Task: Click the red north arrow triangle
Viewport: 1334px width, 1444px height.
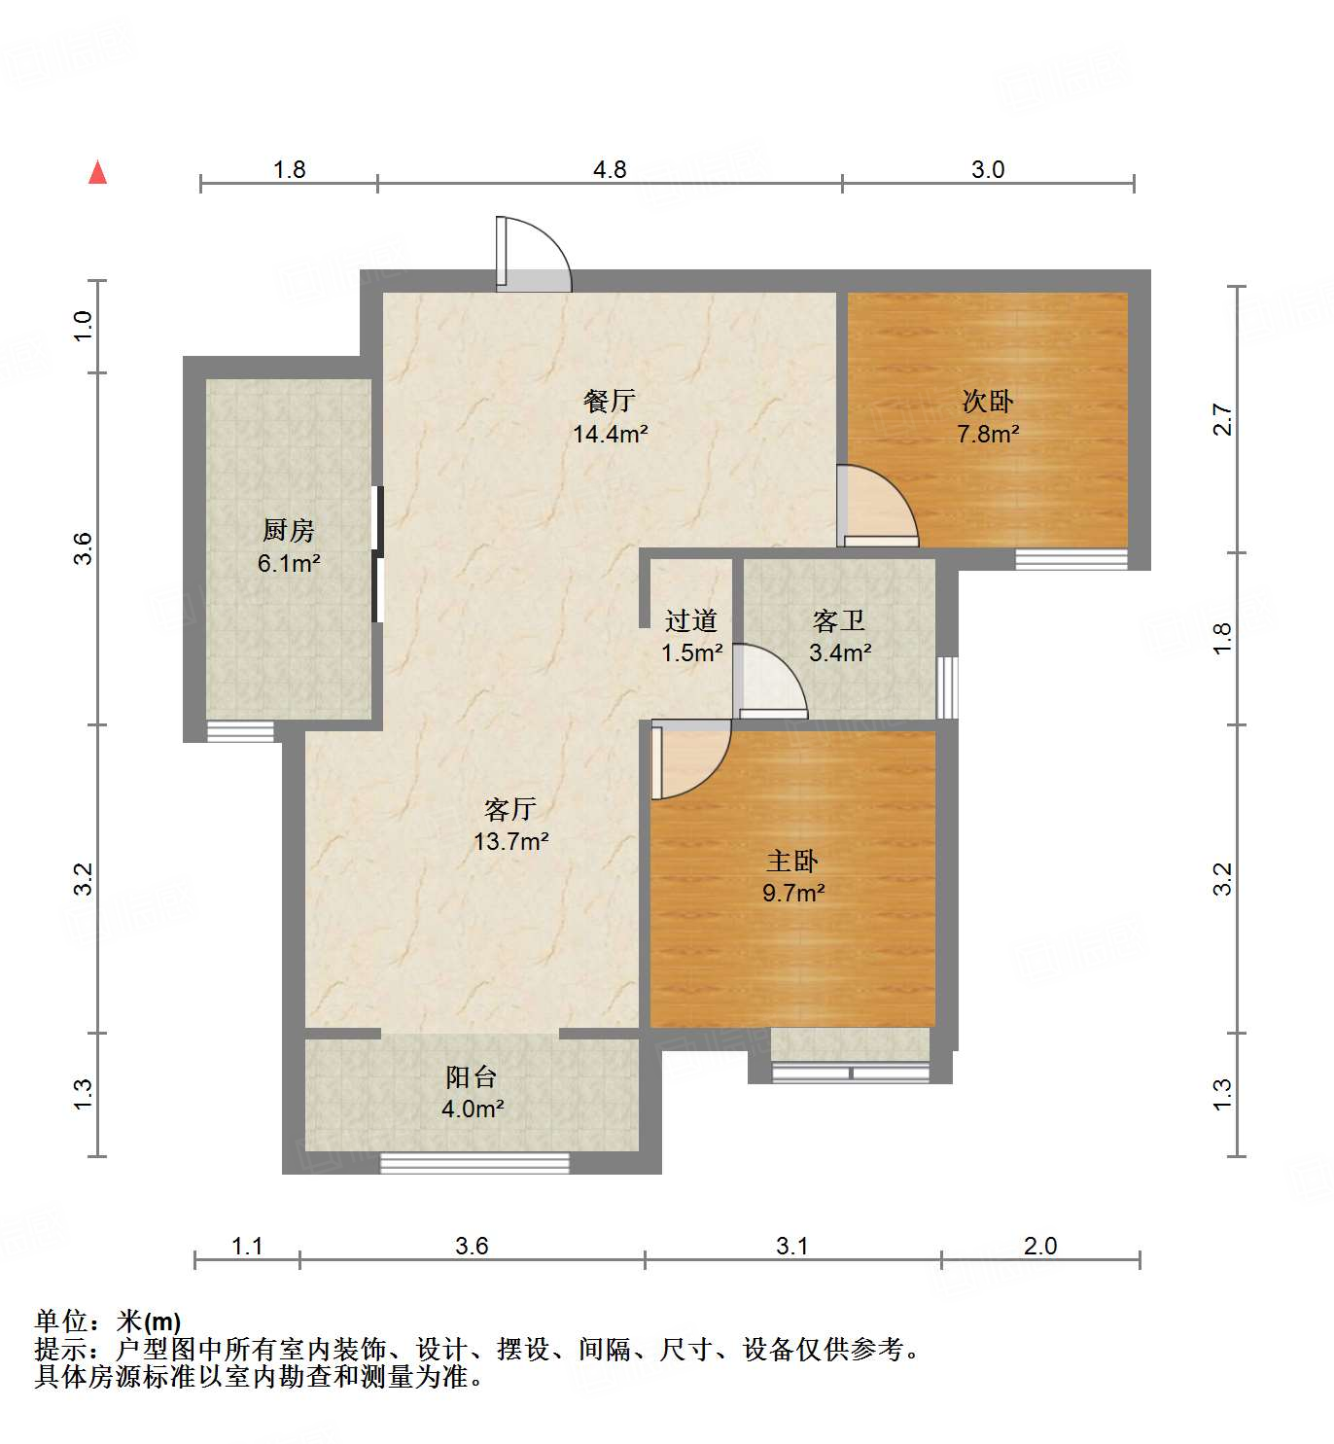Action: [97, 173]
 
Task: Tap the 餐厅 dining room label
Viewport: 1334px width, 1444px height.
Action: [610, 401]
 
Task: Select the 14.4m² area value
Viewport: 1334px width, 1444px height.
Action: [610, 434]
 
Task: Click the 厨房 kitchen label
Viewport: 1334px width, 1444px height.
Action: [289, 530]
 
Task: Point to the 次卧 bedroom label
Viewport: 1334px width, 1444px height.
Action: [988, 401]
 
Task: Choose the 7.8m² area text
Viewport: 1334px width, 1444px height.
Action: [988, 434]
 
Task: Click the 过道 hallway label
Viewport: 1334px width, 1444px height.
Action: [691, 620]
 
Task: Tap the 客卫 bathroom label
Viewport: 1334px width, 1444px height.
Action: [839, 620]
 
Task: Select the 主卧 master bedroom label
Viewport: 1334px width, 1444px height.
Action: [792, 861]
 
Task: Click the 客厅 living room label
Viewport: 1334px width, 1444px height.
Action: [510, 809]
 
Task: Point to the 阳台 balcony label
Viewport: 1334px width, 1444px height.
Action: [472, 1076]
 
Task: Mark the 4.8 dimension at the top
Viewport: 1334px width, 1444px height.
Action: [610, 169]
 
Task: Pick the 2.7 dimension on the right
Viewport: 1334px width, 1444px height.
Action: [1222, 419]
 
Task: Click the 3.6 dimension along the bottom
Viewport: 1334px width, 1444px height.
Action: [472, 1246]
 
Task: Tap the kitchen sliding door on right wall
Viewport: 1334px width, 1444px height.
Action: [378, 554]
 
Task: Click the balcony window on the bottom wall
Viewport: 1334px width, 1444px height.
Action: [474, 1162]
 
